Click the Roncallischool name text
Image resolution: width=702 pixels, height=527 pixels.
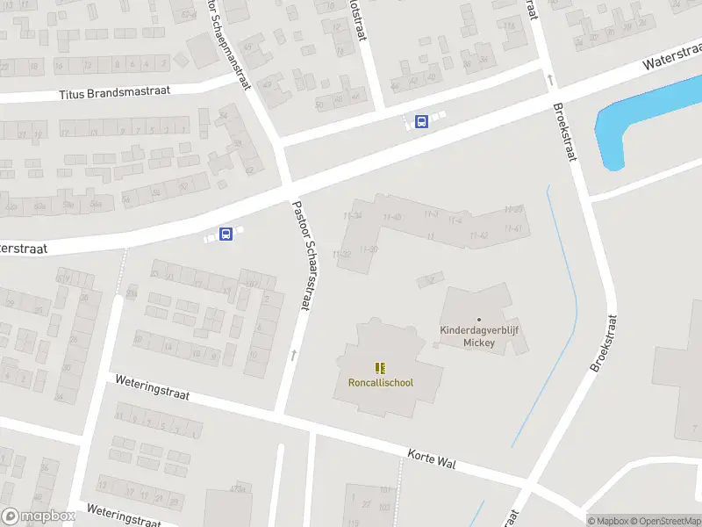(x=381, y=382)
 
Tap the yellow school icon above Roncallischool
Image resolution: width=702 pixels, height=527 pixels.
(x=381, y=368)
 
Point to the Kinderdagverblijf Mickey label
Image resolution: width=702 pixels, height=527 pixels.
(x=479, y=336)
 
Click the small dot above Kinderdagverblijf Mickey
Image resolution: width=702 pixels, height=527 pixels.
(x=479, y=319)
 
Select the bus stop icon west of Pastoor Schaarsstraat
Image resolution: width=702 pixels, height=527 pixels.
(x=226, y=234)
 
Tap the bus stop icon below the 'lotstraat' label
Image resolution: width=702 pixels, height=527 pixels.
(x=421, y=121)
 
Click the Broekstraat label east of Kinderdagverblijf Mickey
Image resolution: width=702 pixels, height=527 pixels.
(x=605, y=343)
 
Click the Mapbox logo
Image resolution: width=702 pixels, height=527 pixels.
(x=39, y=516)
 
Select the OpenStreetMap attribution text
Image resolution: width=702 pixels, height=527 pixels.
(x=663, y=521)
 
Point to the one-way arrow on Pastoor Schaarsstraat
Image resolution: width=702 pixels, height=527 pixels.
(x=294, y=355)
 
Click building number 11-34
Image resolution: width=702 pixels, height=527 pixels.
(x=353, y=215)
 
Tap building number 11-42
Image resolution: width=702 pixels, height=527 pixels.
(x=479, y=235)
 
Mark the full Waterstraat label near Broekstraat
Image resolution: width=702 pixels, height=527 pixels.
(x=671, y=58)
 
